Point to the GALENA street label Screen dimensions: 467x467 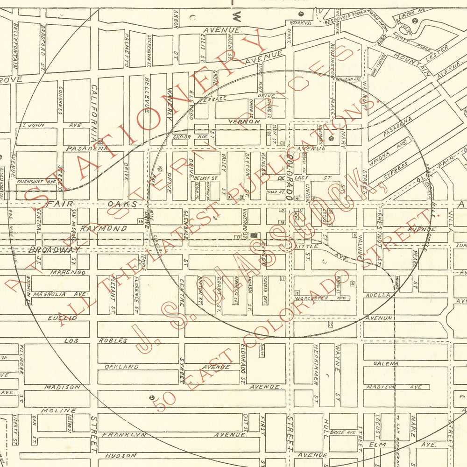pos(385,363)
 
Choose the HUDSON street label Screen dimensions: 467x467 pos(120,455)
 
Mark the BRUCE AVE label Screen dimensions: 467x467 pos(343,432)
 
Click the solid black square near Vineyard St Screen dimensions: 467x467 pos(254,235)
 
